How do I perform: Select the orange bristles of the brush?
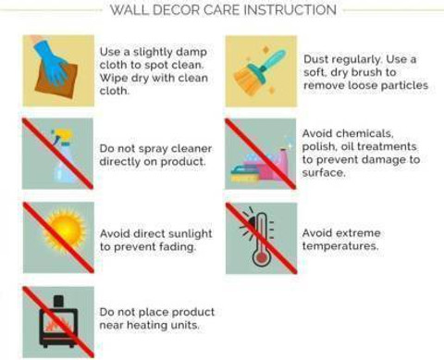point(246,80)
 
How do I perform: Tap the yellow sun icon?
point(66,230)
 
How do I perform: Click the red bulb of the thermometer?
point(261,257)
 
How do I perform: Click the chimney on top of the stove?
point(58,301)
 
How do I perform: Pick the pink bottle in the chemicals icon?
point(281,164)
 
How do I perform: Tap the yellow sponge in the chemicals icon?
point(244,178)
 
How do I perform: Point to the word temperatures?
point(340,246)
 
